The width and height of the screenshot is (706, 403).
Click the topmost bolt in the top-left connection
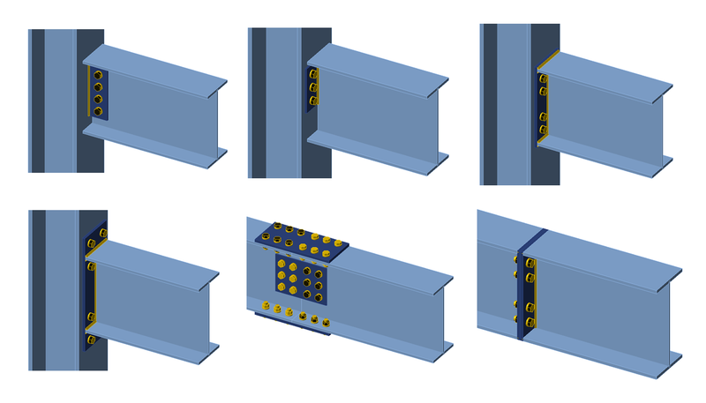click(x=97, y=76)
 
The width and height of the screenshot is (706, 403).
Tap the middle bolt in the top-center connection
click(x=313, y=86)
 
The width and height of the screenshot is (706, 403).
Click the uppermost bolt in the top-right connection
click(x=543, y=79)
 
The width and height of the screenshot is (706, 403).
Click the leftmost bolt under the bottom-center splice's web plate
click(x=266, y=306)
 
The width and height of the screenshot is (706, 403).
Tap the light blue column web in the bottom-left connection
click(x=62, y=291)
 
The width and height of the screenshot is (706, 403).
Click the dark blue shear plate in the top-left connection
click(x=99, y=93)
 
